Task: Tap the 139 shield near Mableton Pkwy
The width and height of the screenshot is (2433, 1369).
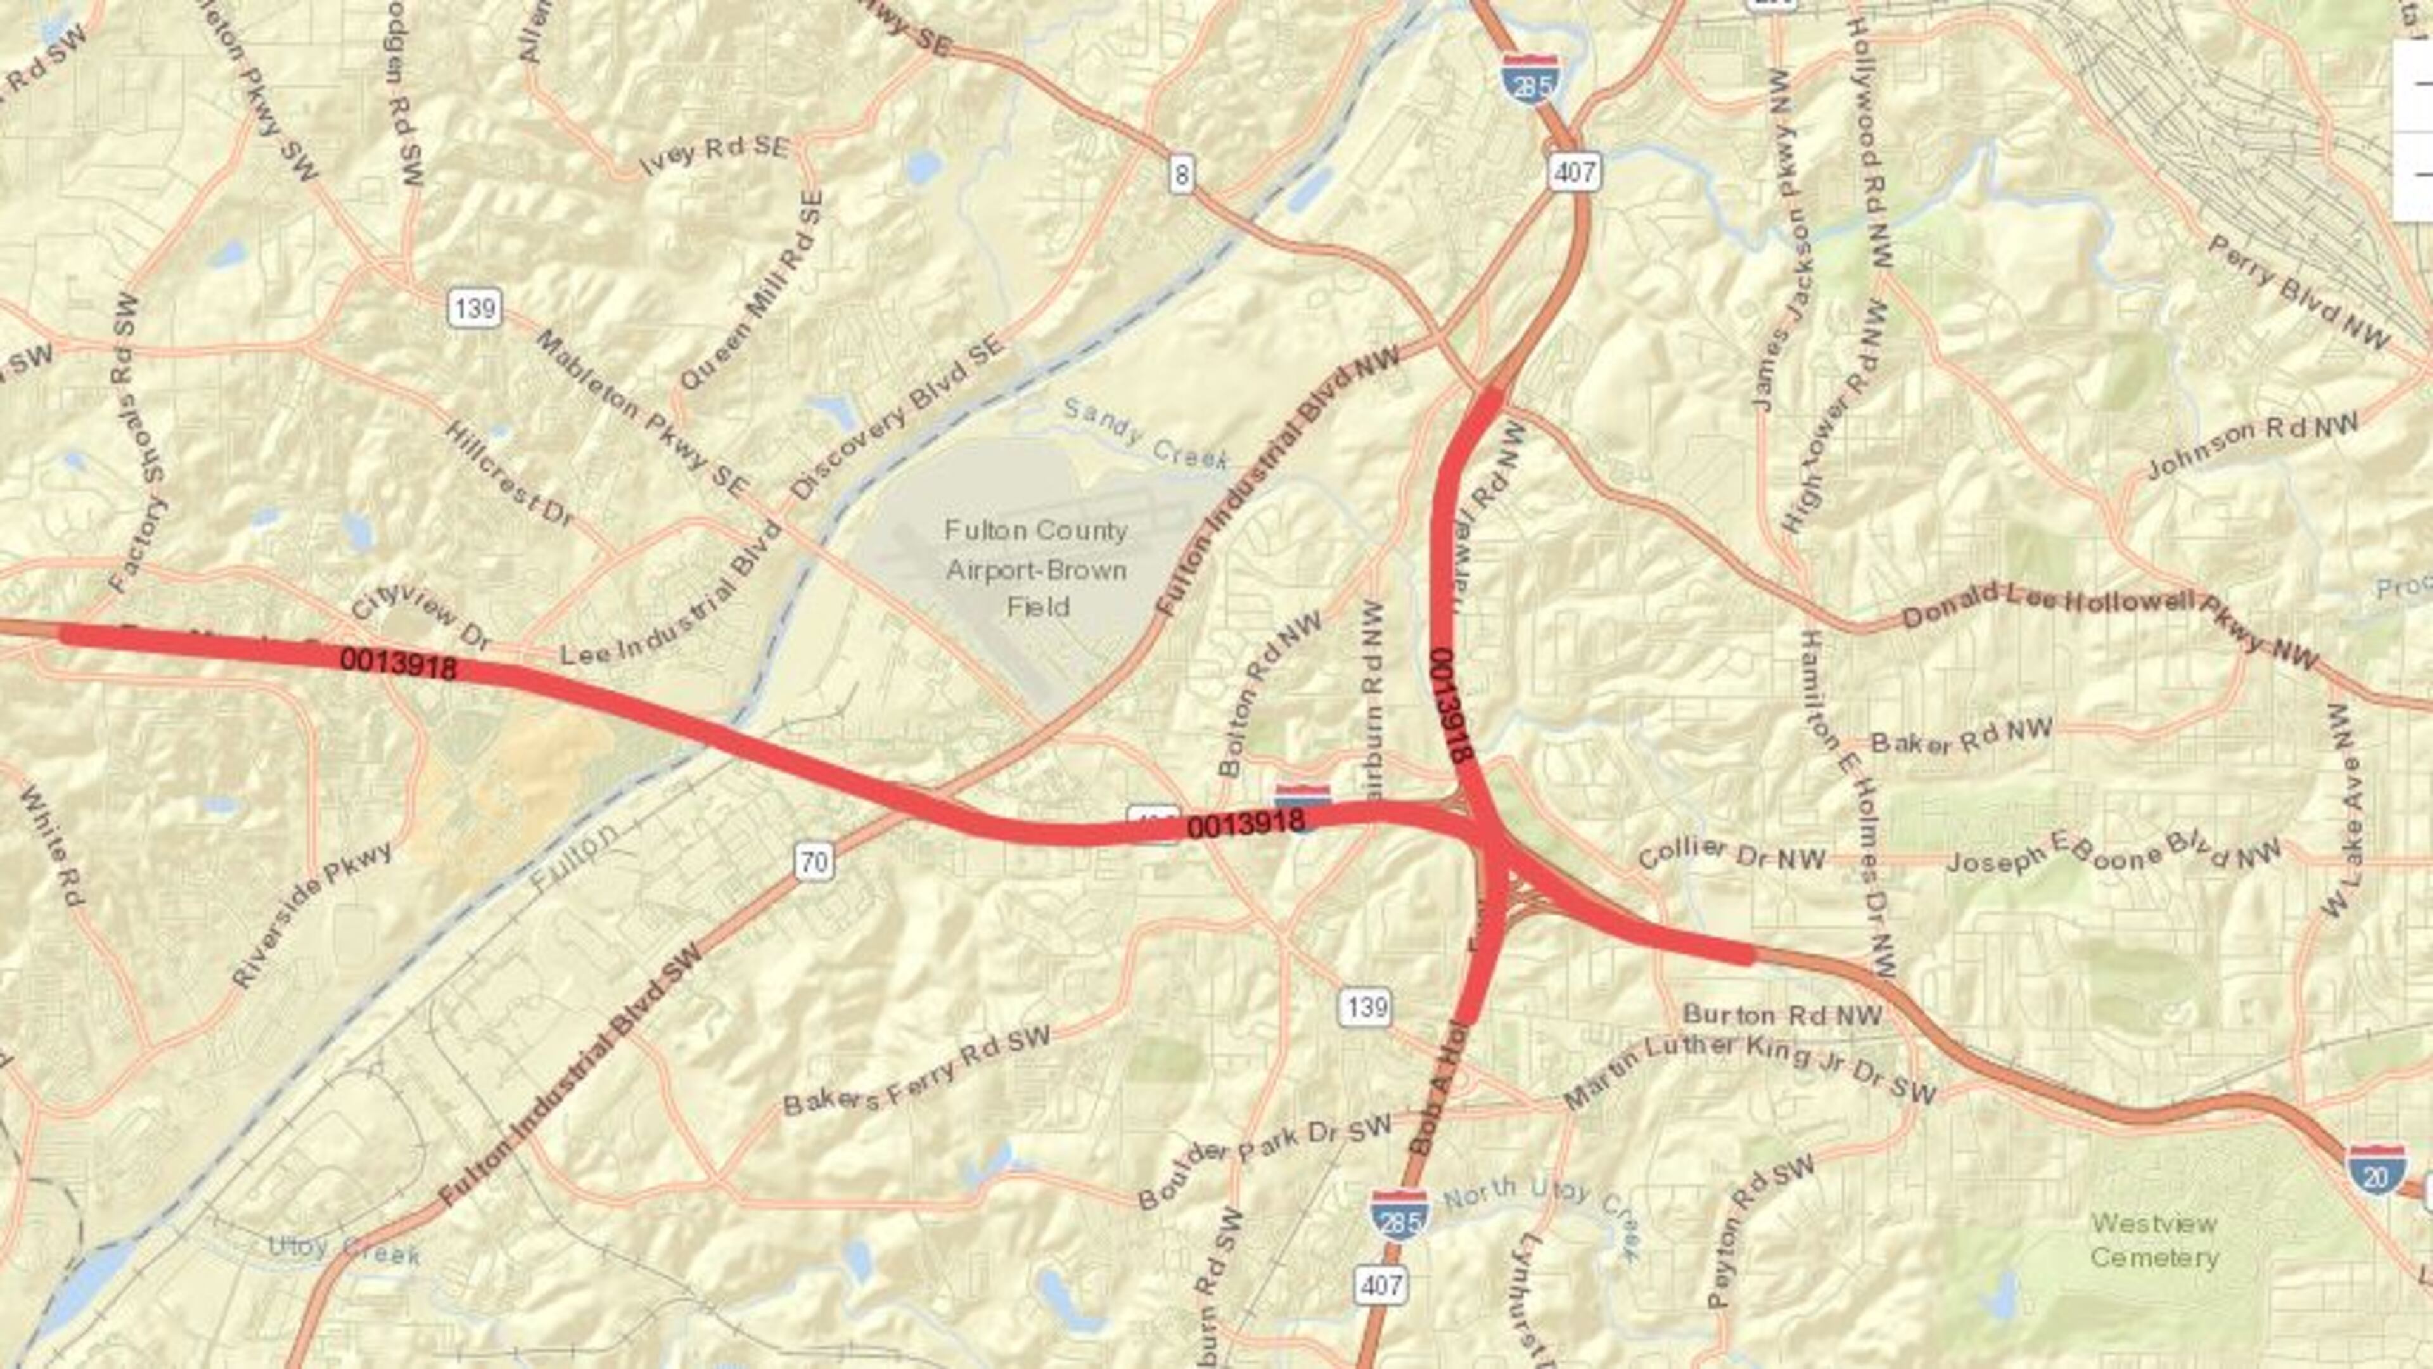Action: (474, 308)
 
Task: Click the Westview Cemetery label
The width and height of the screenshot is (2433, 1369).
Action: (2154, 1240)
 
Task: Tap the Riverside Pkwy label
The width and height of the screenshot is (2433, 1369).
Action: (312, 913)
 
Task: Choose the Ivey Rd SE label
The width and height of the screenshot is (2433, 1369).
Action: (714, 154)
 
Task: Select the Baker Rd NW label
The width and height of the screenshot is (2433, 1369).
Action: (1961, 736)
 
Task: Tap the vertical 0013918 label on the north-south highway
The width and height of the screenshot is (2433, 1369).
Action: (1453, 706)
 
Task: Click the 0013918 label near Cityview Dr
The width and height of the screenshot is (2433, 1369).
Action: (398, 664)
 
